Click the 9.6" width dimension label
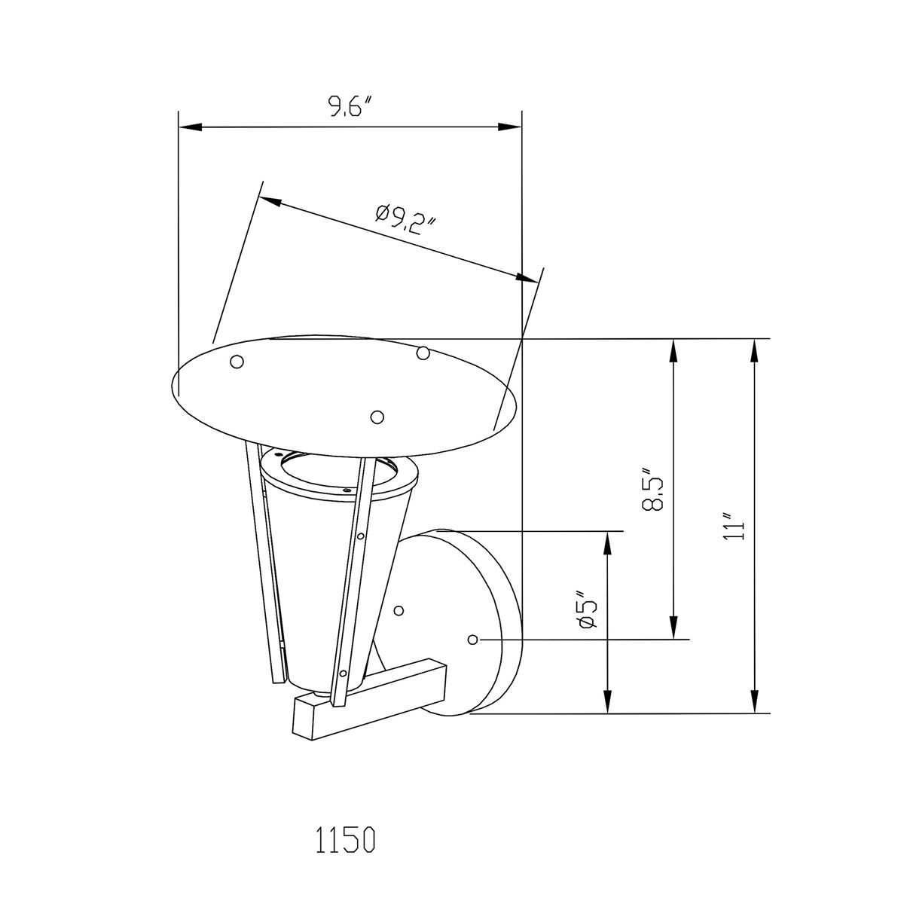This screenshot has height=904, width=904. pos(350,106)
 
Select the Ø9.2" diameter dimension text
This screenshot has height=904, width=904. pos(406,220)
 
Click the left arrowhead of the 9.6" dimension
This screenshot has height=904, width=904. pos(190,127)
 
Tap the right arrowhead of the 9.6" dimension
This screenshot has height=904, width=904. pos(510,127)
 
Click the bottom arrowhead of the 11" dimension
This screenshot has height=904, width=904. pos(754,702)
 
